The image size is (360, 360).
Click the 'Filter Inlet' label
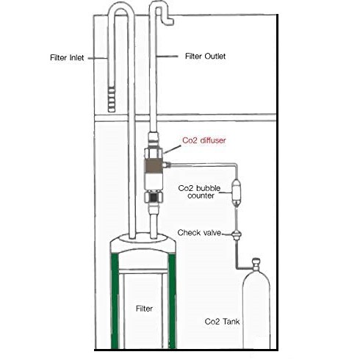point(67,58)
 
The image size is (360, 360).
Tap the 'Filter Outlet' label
point(205,57)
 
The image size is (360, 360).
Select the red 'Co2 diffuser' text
point(204,140)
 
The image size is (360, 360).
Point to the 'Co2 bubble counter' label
point(199,192)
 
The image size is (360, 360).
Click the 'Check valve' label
point(199,232)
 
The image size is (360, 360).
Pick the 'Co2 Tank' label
point(222,321)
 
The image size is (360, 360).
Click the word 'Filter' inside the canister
point(144,309)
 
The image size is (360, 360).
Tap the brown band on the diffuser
point(154,165)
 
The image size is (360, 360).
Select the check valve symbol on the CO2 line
point(237,234)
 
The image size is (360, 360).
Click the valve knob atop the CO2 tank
point(256,264)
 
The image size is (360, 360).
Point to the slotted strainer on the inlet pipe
point(112,99)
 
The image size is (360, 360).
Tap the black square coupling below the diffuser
point(154,198)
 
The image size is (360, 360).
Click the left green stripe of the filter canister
point(115,301)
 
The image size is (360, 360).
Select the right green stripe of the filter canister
point(172,301)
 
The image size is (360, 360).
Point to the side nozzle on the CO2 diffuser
point(167,165)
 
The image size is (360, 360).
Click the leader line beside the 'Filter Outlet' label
point(168,57)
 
